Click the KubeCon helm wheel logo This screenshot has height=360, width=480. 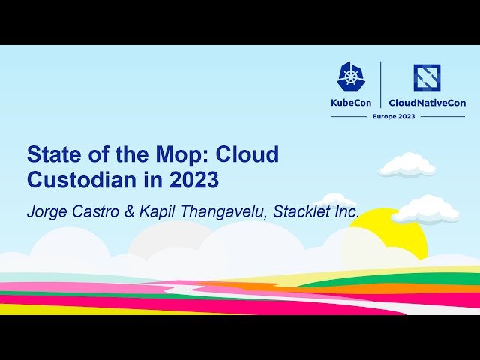(351, 76)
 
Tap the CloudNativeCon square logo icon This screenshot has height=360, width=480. (427, 77)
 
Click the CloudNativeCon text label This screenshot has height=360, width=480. (427, 103)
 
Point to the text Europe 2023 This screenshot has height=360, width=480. (395, 117)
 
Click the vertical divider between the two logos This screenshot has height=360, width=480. (381, 85)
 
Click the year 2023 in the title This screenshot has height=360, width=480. (193, 181)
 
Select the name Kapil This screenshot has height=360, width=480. (160, 212)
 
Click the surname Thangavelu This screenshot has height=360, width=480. (223, 212)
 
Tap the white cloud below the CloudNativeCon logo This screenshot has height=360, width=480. (407, 165)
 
